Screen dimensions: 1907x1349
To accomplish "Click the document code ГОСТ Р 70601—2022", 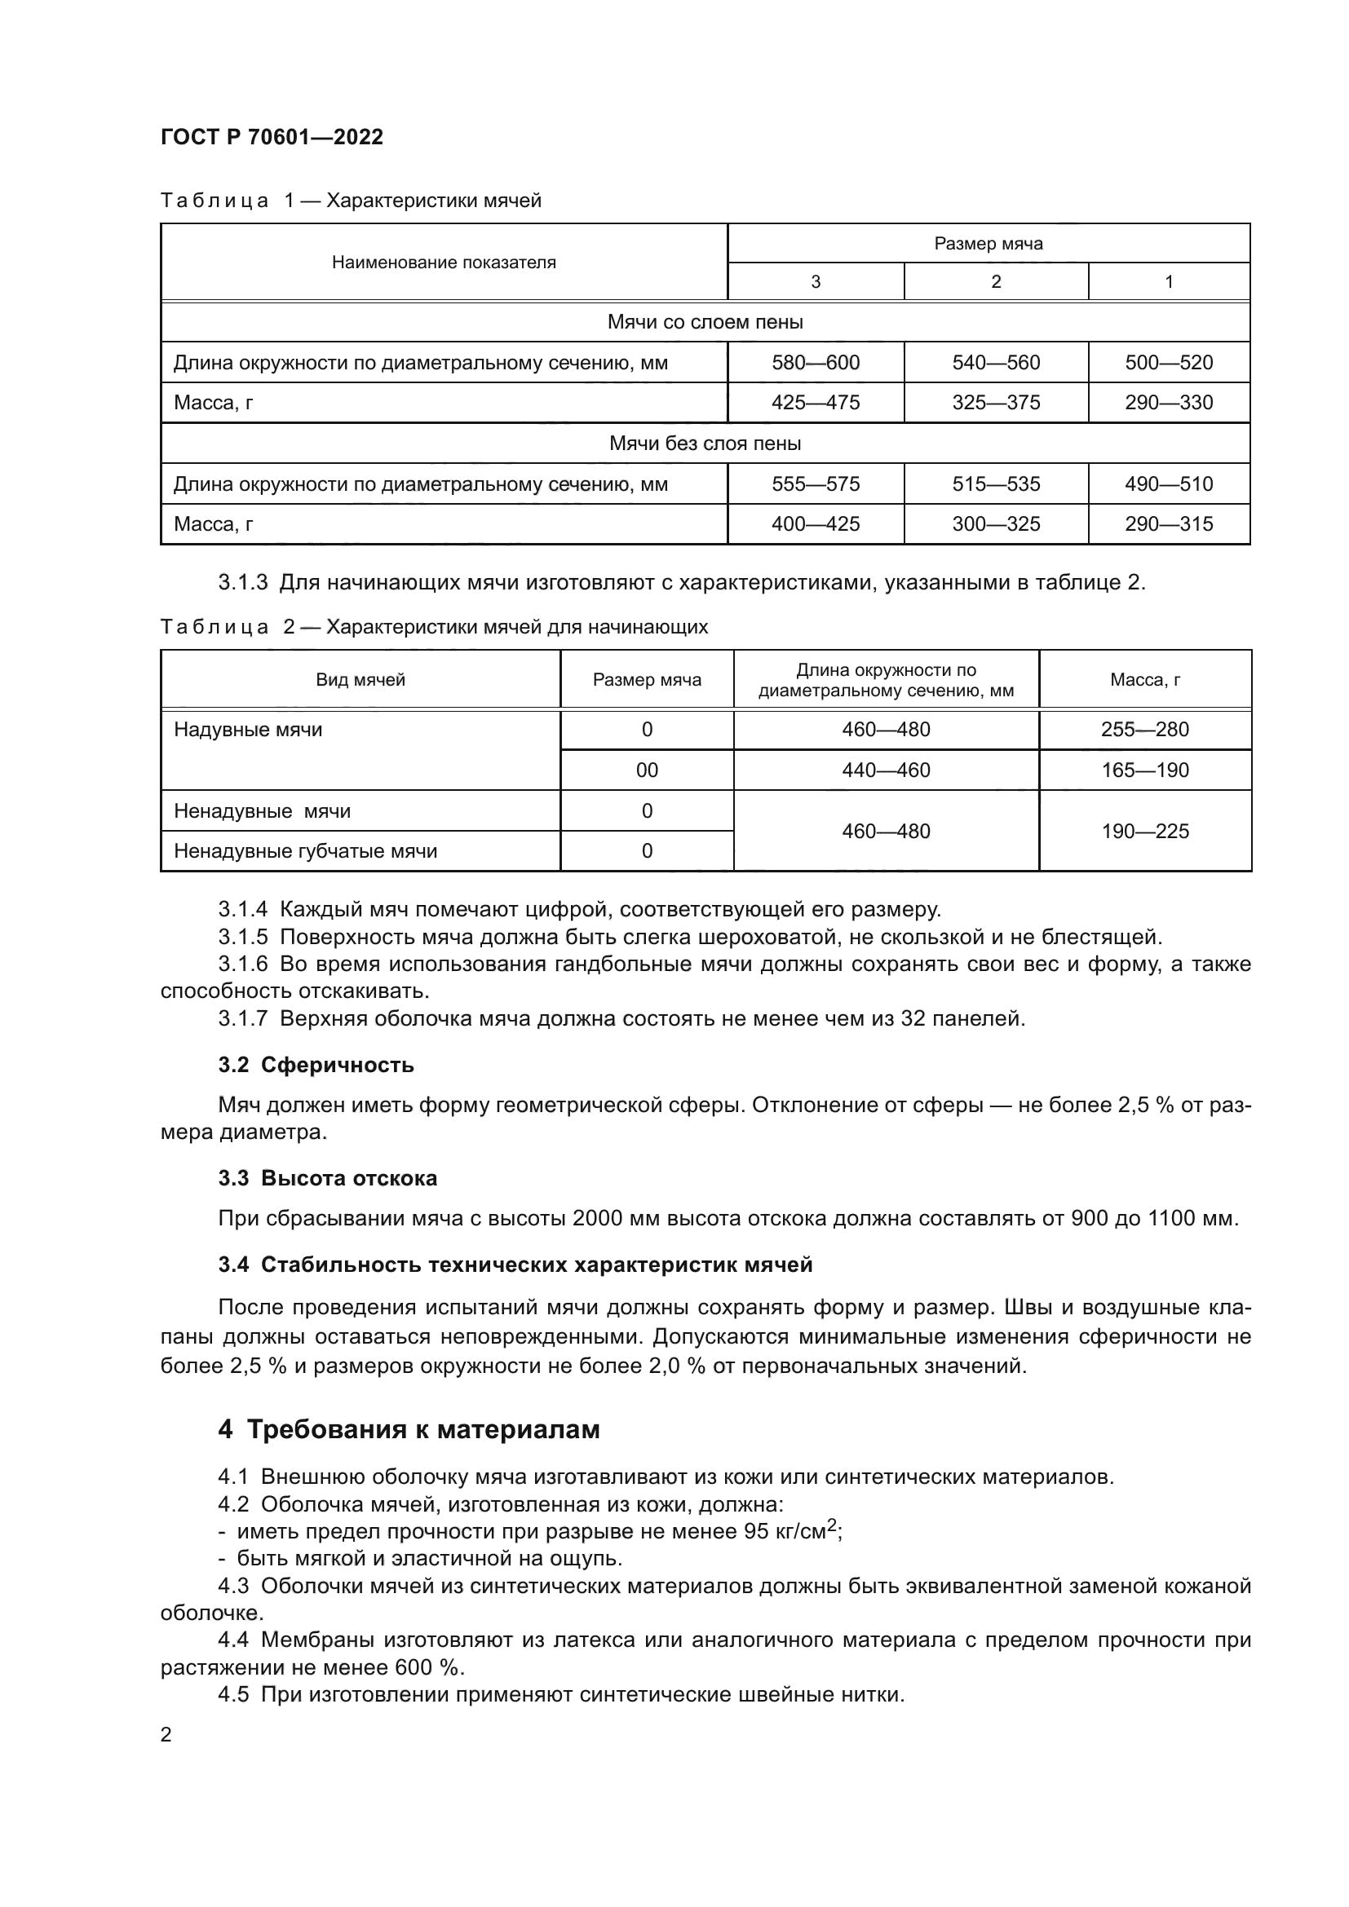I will coord(272,137).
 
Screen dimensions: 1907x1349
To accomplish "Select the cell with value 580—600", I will coord(815,362).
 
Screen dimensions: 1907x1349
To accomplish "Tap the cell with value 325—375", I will coord(995,402).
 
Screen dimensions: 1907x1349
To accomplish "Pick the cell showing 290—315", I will coord(1168,523).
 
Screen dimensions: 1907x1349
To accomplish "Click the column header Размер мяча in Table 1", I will coord(988,243).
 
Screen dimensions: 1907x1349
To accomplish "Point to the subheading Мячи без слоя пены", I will coord(705,443).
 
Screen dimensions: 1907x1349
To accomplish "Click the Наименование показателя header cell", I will coord(444,263).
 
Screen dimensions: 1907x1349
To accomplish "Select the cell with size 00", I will coord(646,770).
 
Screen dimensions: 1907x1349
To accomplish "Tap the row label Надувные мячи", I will coord(248,729).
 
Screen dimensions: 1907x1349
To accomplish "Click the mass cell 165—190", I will coord(1144,770).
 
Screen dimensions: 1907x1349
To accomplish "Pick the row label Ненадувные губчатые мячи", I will coord(305,850).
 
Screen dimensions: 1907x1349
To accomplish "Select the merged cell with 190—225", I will coord(1144,831).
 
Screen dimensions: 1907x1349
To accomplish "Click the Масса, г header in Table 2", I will coord(1144,679).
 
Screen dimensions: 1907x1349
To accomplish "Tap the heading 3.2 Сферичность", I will coord(316,1065).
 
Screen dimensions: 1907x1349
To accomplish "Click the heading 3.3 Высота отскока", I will coord(327,1178).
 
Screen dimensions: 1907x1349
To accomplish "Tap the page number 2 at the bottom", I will coord(166,1734).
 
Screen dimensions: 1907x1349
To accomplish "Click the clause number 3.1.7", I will coord(242,1018).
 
